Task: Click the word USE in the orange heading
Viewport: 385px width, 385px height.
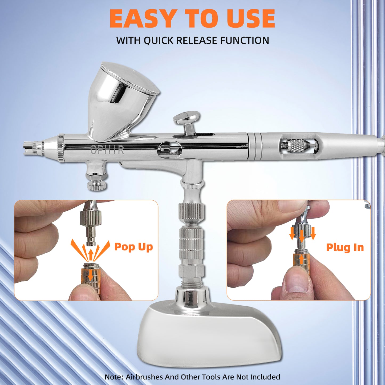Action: [250, 19]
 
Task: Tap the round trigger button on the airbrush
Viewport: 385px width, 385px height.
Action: [187, 117]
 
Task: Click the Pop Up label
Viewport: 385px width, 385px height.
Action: [133, 247]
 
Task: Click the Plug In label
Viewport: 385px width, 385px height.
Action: [345, 248]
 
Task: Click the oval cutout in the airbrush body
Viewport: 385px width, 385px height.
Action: [170, 149]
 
